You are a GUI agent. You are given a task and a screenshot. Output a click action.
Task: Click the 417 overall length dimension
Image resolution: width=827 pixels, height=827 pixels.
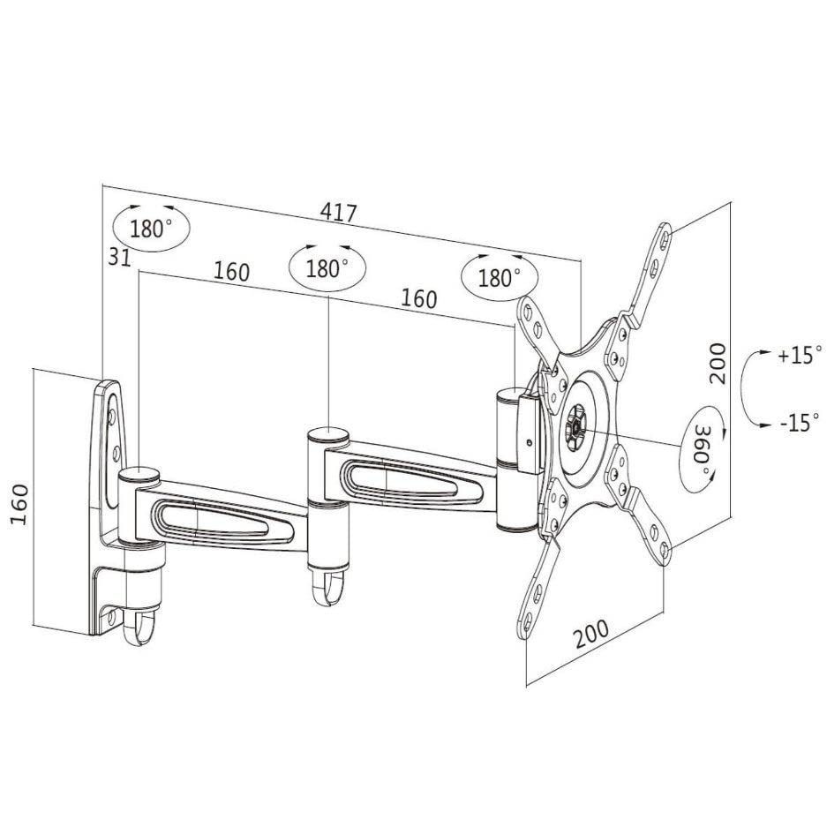point(339,212)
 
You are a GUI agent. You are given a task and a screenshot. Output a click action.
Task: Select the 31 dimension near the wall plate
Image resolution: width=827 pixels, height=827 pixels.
point(119,256)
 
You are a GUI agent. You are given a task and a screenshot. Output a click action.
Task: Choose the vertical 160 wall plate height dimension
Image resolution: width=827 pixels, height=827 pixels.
point(19,504)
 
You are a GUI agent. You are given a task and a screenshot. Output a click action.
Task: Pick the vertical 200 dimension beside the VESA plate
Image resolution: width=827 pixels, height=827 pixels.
point(718,364)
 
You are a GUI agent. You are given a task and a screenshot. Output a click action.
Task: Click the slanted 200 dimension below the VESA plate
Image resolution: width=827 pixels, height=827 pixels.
point(590,633)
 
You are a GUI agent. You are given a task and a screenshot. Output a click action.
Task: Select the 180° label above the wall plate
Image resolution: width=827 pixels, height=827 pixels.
point(151,229)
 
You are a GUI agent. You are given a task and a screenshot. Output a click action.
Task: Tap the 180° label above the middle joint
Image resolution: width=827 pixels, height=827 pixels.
point(327,269)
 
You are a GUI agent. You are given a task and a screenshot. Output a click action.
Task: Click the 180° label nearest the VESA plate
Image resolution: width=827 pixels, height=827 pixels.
point(499,278)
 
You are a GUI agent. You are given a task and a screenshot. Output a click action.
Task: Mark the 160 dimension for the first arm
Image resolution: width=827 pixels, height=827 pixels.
point(231,272)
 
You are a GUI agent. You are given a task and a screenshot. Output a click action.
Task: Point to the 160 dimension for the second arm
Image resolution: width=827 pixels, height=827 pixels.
point(419,298)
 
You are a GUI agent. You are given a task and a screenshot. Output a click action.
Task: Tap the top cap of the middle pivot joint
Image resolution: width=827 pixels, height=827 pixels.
point(327,436)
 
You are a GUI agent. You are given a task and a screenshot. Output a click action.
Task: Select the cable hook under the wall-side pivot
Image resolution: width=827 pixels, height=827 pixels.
point(139,628)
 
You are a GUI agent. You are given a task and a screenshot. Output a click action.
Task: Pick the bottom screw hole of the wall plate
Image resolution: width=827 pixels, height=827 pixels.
point(111,617)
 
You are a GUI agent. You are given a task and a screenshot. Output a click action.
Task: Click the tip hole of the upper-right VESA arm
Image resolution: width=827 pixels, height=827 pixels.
point(664,240)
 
